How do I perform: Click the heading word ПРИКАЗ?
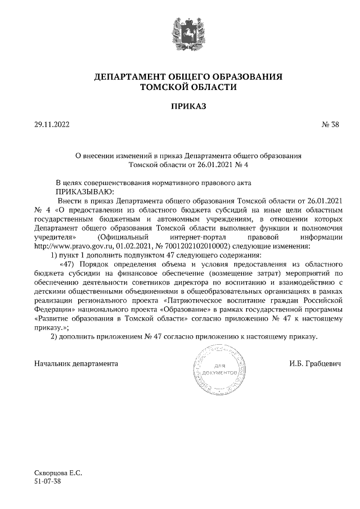pos(179,106)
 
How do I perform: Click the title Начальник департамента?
pos(76,364)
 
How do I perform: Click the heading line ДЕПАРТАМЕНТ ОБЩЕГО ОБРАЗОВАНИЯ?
pos(179,76)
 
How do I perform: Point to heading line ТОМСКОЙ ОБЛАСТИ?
pos(179,87)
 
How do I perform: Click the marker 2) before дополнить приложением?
pos(55,336)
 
